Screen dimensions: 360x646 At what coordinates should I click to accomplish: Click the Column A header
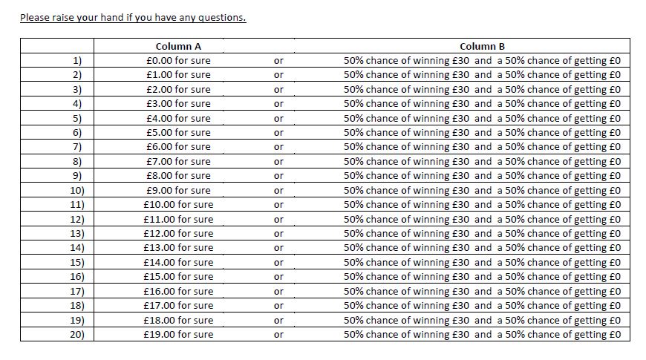coord(178,46)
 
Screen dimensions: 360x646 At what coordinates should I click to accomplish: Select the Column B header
coord(482,46)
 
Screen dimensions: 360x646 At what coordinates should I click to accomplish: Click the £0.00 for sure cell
coord(178,60)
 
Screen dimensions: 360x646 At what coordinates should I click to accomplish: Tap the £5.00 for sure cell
coord(178,133)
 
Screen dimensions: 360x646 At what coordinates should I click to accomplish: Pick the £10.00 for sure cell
coord(178,205)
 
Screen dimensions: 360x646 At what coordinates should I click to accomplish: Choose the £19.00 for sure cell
coord(178,335)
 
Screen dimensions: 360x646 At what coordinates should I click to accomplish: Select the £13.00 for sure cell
coord(178,248)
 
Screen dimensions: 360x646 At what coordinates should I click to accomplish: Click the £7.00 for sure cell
coord(178,162)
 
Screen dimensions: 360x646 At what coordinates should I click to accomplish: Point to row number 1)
coord(76,60)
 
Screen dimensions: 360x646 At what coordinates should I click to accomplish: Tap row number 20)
coord(76,335)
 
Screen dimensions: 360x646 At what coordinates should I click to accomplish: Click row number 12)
coord(76,220)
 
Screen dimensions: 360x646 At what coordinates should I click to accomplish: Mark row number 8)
coord(76,162)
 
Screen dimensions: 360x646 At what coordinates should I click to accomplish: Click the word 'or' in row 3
coord(278,89)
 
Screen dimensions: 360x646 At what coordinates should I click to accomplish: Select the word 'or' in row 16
coord(278,277)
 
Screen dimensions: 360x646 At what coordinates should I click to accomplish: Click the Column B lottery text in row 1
coord(482,60)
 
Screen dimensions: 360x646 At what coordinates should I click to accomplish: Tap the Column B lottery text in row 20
coord(482,335)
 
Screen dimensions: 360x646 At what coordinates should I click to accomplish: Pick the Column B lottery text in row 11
coord(482,205)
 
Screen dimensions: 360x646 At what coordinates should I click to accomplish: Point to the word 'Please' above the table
coord(35,18)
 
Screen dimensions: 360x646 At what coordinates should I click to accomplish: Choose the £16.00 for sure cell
coord(178,292)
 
